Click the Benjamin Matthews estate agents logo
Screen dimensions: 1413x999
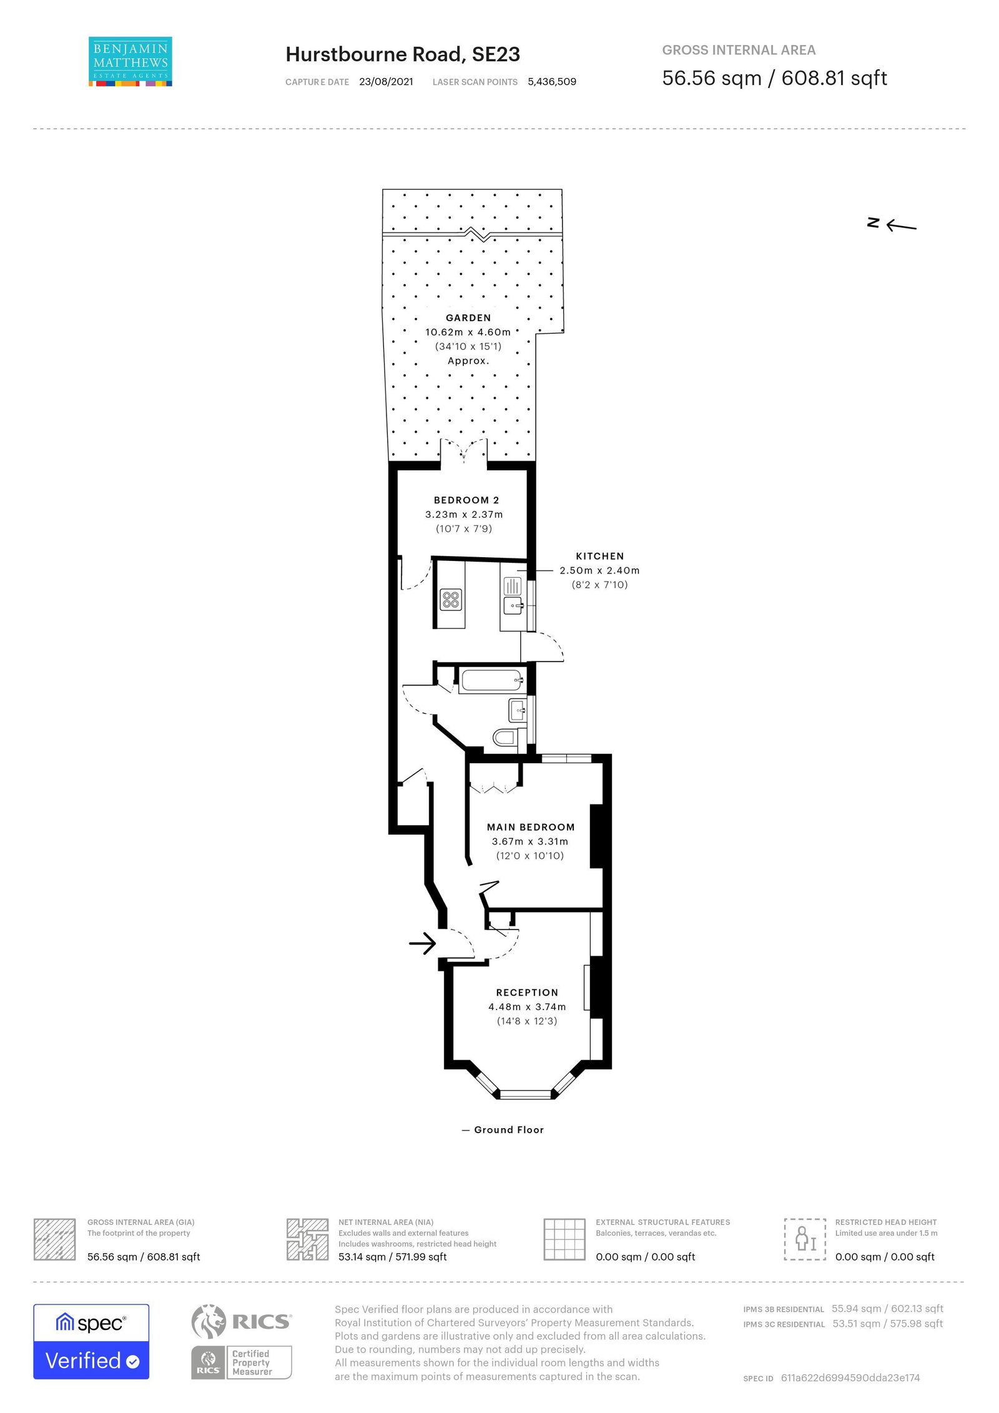[x=130, y=61]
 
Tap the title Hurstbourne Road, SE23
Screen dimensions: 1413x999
[x=403, y=55]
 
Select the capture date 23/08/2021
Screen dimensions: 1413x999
[x=386, y=82]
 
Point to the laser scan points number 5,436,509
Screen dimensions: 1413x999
[x=551, y=82]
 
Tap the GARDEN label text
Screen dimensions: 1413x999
[x=468, y=318]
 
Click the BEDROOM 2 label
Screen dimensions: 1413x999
[x=466, y=500]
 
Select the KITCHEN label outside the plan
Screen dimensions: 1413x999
[x=599, y=556]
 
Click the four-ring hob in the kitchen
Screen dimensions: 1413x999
[x=450, y=600]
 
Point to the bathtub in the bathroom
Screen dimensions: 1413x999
[x=491, y=680]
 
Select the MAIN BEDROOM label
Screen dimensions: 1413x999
[x=531, y=827]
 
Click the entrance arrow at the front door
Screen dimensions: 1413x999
[x=423, y=943]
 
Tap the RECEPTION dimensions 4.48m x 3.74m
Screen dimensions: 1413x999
[x=527, y=1007]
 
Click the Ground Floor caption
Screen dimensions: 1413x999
[x=508, y=1129]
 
